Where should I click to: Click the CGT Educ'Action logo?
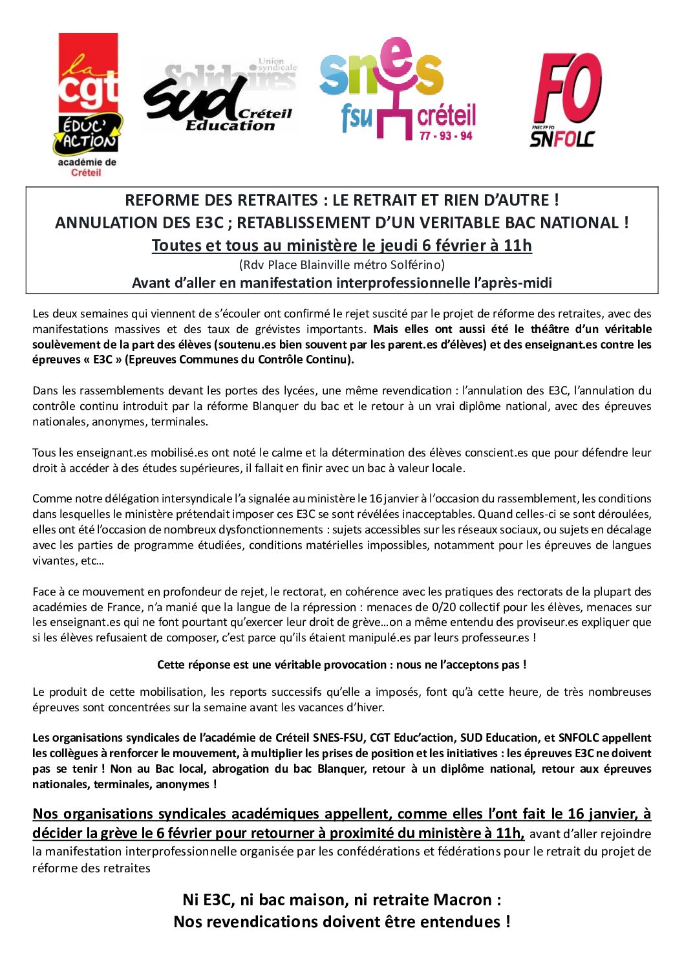pyautogui.click(x=87, y=97)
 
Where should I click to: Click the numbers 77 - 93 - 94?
pyautogui.click(x=445, y=136)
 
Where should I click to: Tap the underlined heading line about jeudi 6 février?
pyautogui.click(x=341, y=246)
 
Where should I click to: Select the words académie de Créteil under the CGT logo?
pyautogui.click(x=87, y=167)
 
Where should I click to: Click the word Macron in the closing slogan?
pyautogui.click(x=462, y=899)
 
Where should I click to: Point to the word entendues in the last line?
pyautogui.click(x=460, y=921)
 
